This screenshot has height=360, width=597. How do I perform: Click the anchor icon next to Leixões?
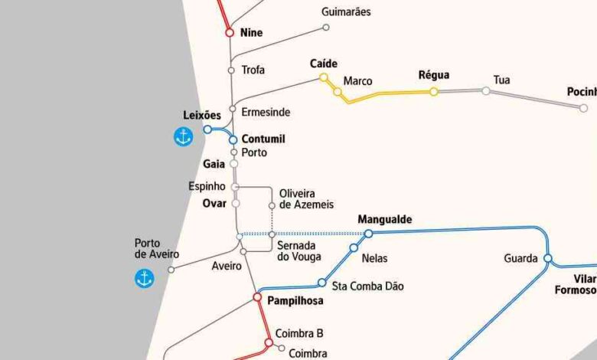pos(183,138)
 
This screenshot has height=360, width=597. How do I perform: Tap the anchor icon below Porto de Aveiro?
pos(144,279)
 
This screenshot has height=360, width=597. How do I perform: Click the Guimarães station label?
pos(346,12)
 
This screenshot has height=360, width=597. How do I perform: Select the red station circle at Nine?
pos(230,33)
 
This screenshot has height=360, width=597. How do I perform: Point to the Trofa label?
pos(253,70)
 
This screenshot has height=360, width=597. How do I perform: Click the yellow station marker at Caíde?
pos(324,77)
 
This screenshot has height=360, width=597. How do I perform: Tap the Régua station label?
pos(434,75)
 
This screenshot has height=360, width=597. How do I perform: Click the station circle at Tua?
pos(486,91)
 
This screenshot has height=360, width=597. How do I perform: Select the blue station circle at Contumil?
pos(233,139)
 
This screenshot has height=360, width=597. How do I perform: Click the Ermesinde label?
pos(266,112)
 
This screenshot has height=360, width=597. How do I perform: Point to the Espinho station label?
pos(207,187)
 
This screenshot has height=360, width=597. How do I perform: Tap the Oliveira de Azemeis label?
pos(297,199)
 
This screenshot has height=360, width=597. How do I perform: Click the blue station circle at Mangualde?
pos(368,234)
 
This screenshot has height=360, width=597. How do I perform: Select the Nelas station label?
pos(375,258)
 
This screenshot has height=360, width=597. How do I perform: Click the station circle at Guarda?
pos(548,258)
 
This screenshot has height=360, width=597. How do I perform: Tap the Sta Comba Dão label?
pos(367,286)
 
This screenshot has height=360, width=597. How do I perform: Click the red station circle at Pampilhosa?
pos(258,297)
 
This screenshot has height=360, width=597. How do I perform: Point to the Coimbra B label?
pos(300,333)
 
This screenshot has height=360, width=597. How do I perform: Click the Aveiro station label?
pos(227,267)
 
